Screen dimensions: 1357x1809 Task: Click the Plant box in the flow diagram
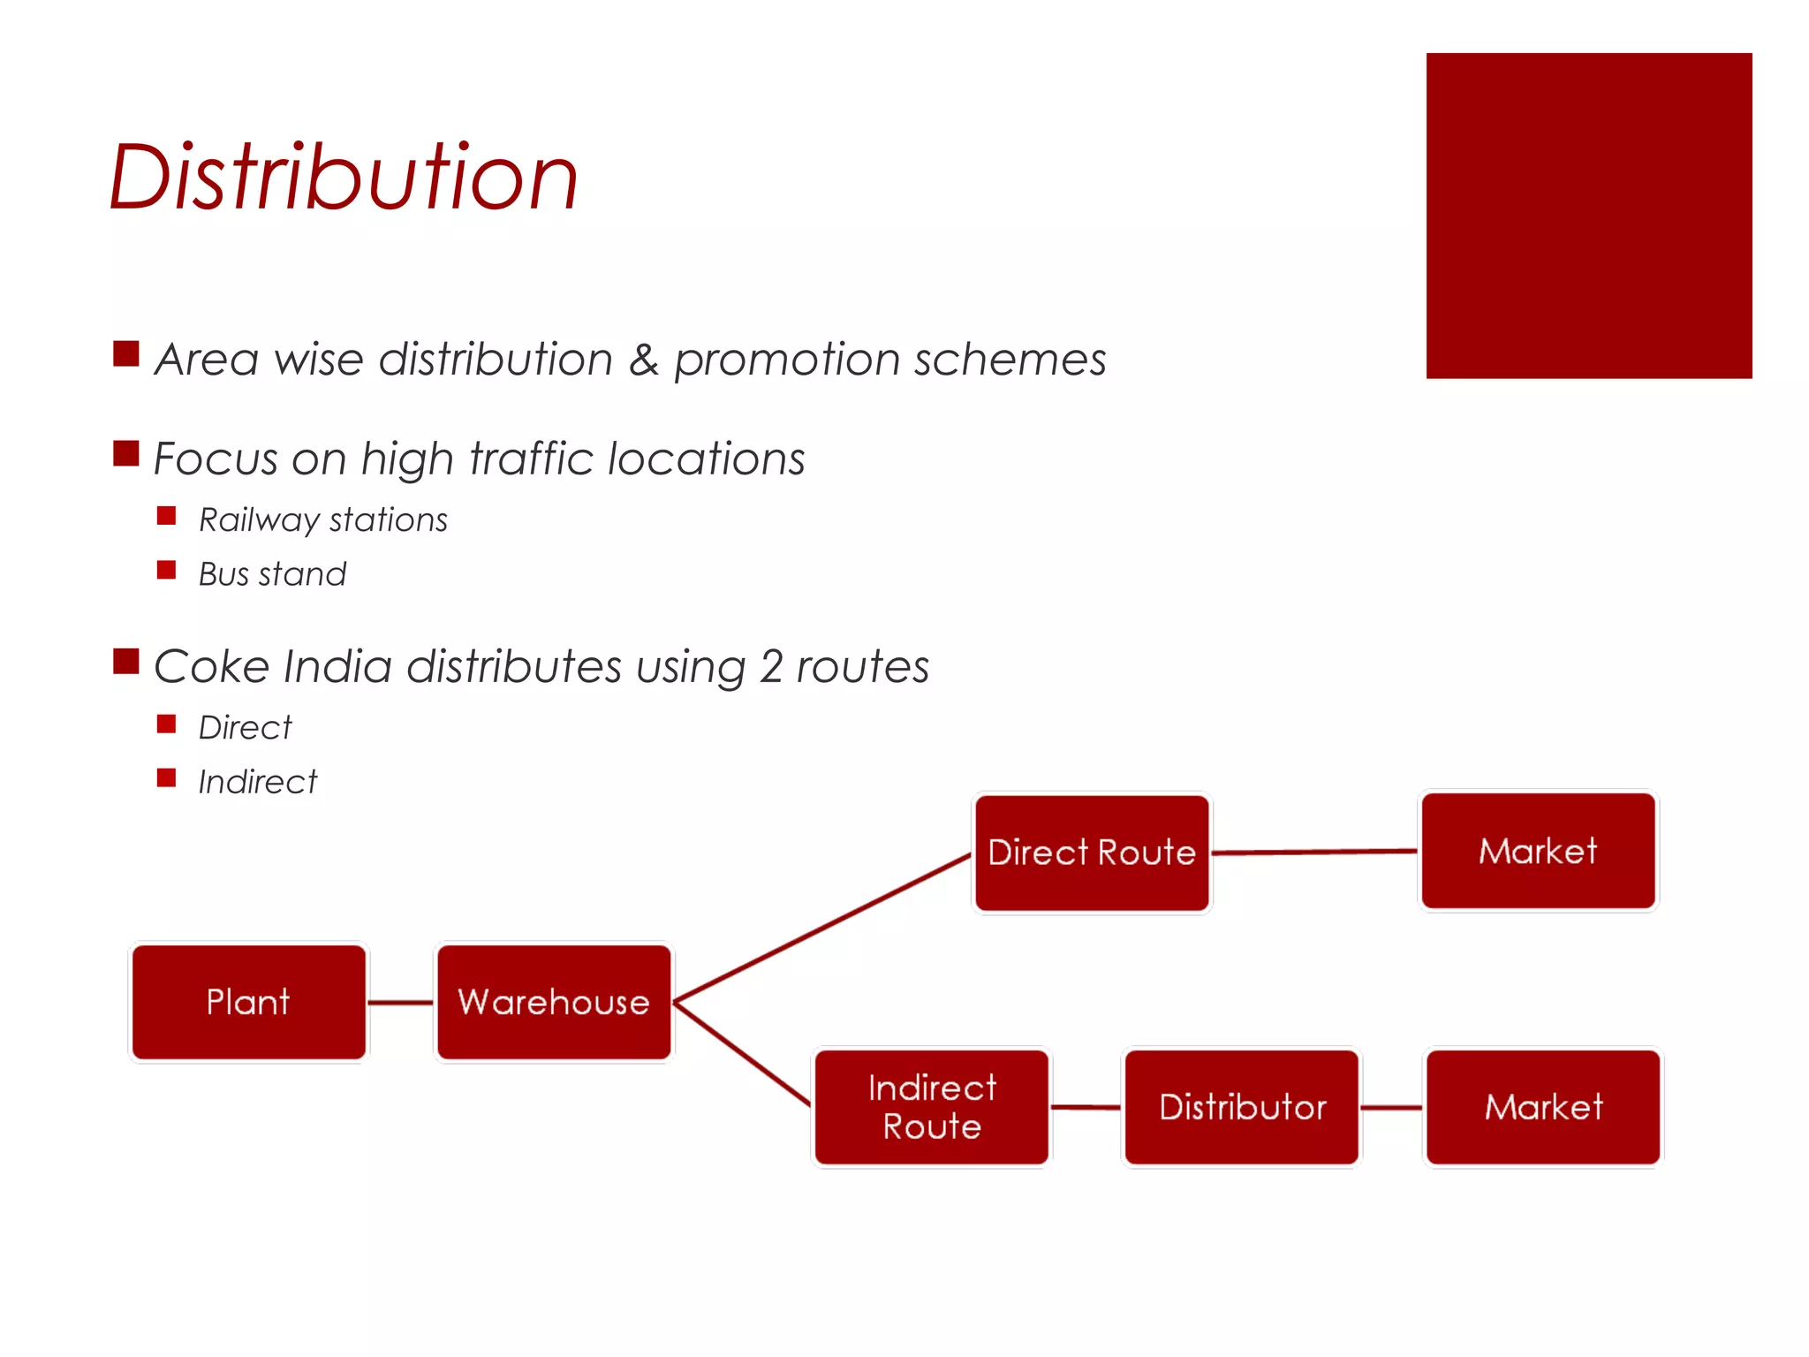point(248,1002)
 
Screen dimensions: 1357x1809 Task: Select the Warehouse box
point(554,1002)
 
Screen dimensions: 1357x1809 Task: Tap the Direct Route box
point(1092,853)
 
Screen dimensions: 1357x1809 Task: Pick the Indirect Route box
point(932,1107)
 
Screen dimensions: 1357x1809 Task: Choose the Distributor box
point(1242,1107)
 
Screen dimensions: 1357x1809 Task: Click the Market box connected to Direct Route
point(1538,851)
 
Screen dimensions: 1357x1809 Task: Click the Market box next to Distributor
point(1543,1107)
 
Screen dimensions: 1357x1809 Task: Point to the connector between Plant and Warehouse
point(400,1003)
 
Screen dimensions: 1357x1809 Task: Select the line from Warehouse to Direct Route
point(821,929)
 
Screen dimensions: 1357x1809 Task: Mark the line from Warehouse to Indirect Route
point(742,1053)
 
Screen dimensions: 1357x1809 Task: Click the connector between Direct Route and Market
point(1314,852)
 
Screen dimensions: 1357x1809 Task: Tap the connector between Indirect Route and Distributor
point(1086,1107)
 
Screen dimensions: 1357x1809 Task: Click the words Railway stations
point(323,520)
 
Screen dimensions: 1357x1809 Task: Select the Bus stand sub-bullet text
point(272,574)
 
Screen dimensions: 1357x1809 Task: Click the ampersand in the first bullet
point(643,360)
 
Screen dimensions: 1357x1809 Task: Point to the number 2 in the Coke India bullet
point(770,666)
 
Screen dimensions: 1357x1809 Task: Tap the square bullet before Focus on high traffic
point(126,453)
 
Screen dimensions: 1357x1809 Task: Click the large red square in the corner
point(1588,216)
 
